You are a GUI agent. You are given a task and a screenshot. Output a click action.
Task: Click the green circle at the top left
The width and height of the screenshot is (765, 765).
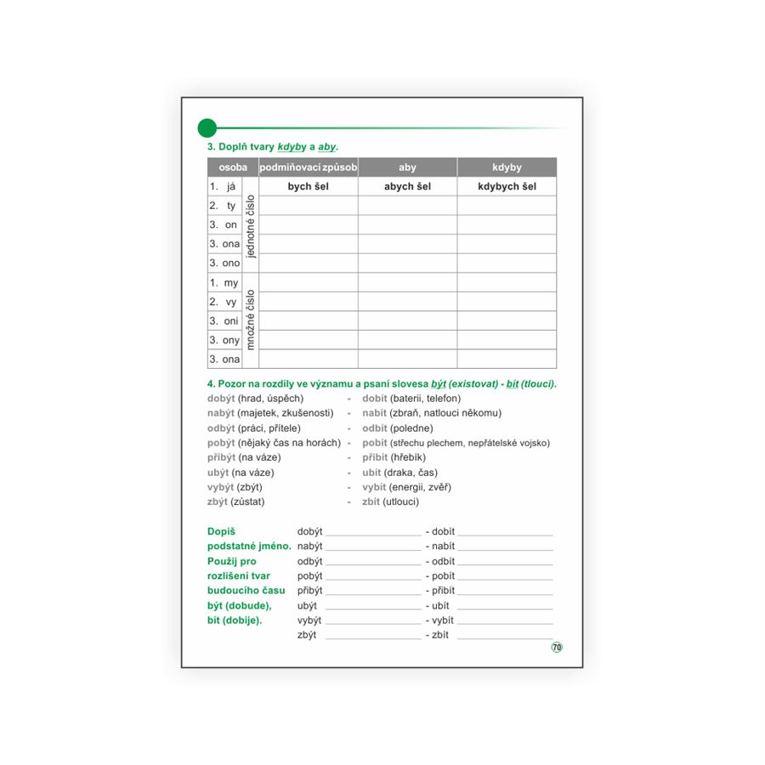click(207, 128)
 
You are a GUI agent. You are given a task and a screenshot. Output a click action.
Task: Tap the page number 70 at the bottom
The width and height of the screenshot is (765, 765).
click(557, 647)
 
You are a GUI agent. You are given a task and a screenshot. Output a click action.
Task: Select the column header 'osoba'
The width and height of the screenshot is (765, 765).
click(233, 167)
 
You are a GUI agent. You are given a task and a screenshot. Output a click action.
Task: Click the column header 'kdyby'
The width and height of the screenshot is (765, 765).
click(507, 167)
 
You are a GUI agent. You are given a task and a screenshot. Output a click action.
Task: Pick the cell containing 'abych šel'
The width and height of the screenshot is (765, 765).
click(407, 186)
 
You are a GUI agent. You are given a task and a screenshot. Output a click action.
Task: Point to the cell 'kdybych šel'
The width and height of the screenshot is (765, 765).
click(507, 186)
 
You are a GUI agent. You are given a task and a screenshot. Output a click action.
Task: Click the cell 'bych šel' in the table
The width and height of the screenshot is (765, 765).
click(308, 186)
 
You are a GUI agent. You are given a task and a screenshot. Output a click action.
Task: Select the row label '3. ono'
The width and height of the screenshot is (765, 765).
click(224, 263)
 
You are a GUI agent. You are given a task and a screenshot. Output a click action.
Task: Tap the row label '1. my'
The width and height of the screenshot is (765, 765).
click(224, 283)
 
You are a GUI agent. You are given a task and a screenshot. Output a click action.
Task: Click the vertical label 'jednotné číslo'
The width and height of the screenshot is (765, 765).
click(250, 225)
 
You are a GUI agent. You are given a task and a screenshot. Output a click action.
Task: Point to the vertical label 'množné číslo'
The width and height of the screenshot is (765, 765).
click(250, 320)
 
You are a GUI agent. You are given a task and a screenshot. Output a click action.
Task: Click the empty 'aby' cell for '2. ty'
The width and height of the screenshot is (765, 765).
click(407, 206)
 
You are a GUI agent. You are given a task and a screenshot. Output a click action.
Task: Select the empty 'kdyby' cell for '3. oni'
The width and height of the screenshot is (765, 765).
click(507, 320)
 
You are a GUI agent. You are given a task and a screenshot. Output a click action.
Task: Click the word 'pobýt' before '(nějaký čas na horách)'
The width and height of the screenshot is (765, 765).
click(221, 443)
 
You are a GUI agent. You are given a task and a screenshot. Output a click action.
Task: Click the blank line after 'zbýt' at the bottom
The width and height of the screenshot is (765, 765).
click(372, 636)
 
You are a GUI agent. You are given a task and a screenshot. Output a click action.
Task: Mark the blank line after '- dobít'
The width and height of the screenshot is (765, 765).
click(505, 532)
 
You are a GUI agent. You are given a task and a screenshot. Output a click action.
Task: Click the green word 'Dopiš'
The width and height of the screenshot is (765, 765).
click(221, 531)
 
